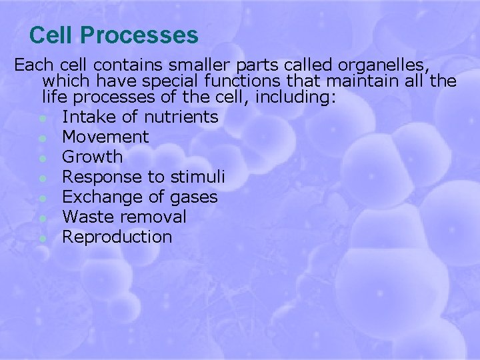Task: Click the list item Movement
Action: point(105,137)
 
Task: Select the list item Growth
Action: point(92,157)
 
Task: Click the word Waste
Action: point(86,217)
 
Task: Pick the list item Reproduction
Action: point(117,237)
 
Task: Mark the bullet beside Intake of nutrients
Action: point(42,119)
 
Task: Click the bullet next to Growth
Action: point(42,159)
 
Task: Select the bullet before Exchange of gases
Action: point(42,198)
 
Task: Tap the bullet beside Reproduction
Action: point(42,238)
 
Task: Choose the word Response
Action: point(95,177)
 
